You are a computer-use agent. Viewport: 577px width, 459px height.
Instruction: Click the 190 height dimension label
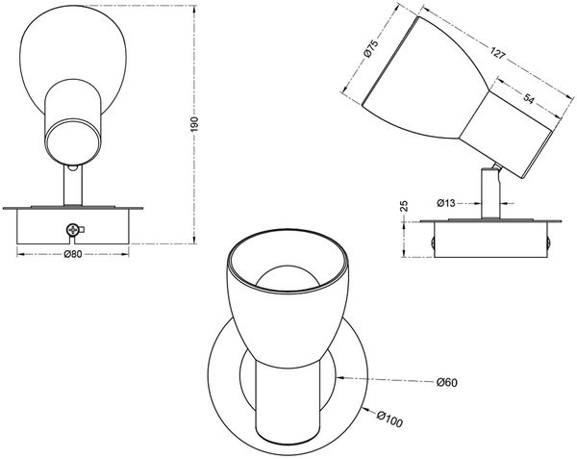pyautogui.click(x=194, y=124)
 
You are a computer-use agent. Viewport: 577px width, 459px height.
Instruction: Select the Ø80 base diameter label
pyautogui.click(x=72, y=254)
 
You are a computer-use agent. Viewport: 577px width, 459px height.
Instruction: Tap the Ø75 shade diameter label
pyautogui.click(x=371, y=49)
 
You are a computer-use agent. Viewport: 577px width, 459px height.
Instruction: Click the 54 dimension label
pyautogui.click(x=528, y=99)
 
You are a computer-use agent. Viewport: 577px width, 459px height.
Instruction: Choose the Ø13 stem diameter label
pyautogui.click(x=446, y=203)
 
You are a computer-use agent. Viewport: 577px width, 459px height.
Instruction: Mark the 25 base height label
pyautogui.click(x=404, y=205)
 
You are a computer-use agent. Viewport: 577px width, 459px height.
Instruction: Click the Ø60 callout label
pyautogui.click(x=447, y=382)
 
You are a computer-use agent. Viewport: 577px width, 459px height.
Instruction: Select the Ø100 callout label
pyautogui.click(x=390, y=420)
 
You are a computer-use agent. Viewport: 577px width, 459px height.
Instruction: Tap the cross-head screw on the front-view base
pyautogui.click(x=73, y=230)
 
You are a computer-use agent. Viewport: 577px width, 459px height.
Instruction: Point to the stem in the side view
pyautogui.click(x=490, y=192)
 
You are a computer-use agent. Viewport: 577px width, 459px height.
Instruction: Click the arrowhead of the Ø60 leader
pyautogui.click(x=339, y=377)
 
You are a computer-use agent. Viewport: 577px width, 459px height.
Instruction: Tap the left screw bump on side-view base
pyautogui.click(x=433, y=242)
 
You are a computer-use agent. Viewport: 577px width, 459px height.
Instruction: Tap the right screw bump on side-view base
pyautogui.click(x=548, y=242)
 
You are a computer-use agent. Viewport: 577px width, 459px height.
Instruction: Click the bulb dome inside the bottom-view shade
pyautogui.click(x=288, y=277)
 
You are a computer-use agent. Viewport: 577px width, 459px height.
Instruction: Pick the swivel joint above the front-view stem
pyautogui.click(x=73, y=166)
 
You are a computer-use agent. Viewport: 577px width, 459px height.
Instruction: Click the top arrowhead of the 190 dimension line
pyautogui.click(x=194, y=9)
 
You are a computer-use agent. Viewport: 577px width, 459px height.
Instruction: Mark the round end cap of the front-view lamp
pyautogui.click(x=72, y=141)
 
